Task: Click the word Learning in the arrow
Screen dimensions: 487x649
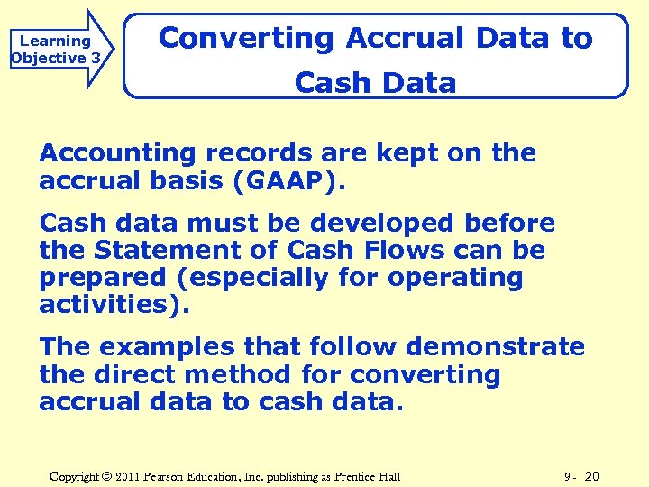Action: [55, 41]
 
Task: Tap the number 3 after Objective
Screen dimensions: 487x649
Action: [96, 59]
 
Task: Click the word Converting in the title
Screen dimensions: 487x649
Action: [246, 38]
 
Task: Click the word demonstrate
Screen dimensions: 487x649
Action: [495, 347]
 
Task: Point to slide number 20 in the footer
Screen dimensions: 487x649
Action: [592, 475]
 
